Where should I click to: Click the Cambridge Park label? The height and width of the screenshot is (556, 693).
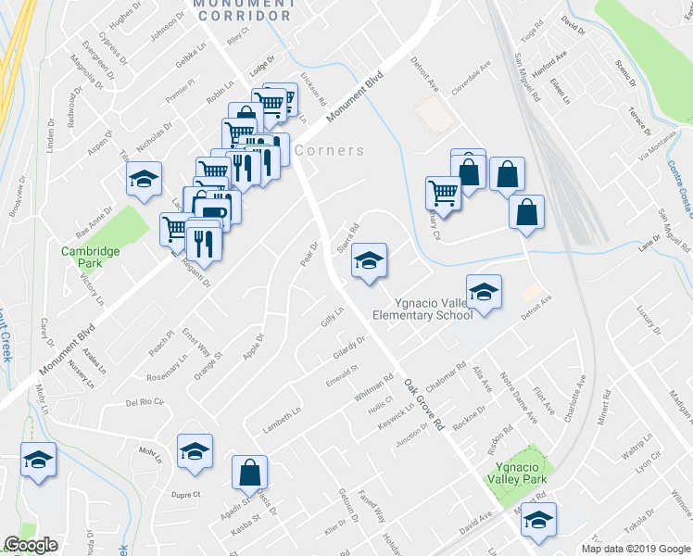click(x=91, y=251)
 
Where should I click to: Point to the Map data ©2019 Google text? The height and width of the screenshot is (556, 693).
click(x=635, y=549)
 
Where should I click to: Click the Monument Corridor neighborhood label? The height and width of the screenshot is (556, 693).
click(x=244, y=10)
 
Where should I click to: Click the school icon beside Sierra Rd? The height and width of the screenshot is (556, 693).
click(x=369, y=262)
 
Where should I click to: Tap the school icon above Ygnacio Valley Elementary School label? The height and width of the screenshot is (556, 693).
click(x=484, y=293)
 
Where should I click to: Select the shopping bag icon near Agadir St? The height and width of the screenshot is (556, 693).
click(x=249, y=473)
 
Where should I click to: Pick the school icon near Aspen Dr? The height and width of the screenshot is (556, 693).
click(x=144, y=179)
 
